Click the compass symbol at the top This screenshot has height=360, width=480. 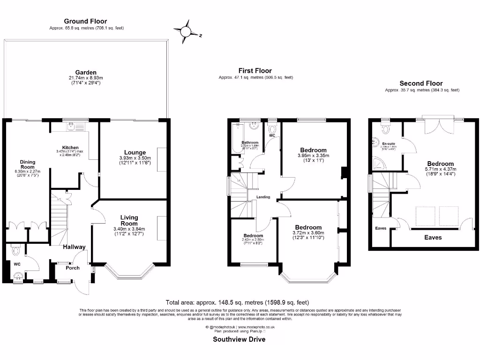pos(186,31)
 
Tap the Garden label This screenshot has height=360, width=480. pos(86,72)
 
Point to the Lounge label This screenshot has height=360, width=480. pos(135,152)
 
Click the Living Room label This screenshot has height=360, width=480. pos(129,220)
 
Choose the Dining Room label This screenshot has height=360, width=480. pos(27,165)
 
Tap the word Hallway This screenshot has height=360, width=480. pos(74,247)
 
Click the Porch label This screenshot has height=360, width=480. pos(72,268)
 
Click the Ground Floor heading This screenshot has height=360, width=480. pos(85,21)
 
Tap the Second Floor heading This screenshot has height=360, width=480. pos(421,83)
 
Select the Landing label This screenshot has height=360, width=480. pos(263,197)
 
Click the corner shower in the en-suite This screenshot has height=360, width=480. pos(377,162)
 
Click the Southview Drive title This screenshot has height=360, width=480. pos(239,339)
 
